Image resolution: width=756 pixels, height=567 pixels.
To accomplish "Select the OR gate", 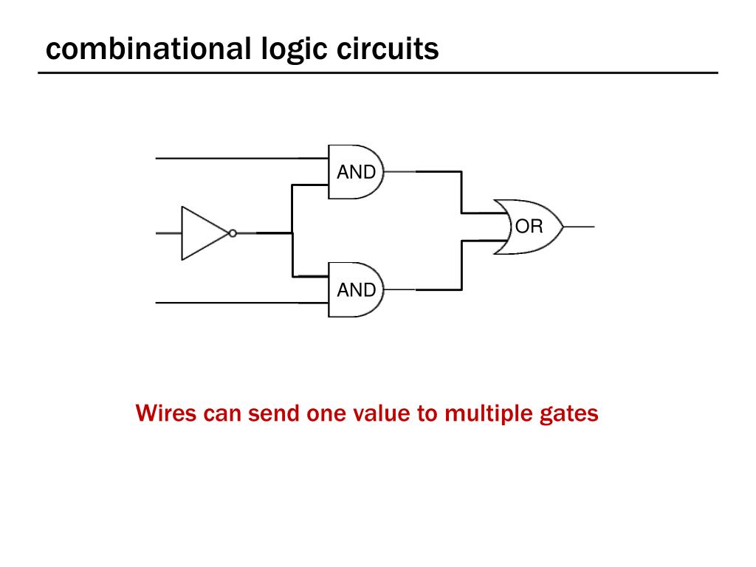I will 528,227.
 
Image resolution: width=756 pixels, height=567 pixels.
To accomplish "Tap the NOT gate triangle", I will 202,233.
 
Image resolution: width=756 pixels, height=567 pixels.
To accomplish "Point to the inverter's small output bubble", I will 233,233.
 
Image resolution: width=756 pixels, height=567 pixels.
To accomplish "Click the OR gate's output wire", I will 579,227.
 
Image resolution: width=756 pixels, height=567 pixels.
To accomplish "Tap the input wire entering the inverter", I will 169,233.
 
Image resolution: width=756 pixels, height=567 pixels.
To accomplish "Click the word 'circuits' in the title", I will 388,49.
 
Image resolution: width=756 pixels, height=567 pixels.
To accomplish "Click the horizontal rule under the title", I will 378,73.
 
